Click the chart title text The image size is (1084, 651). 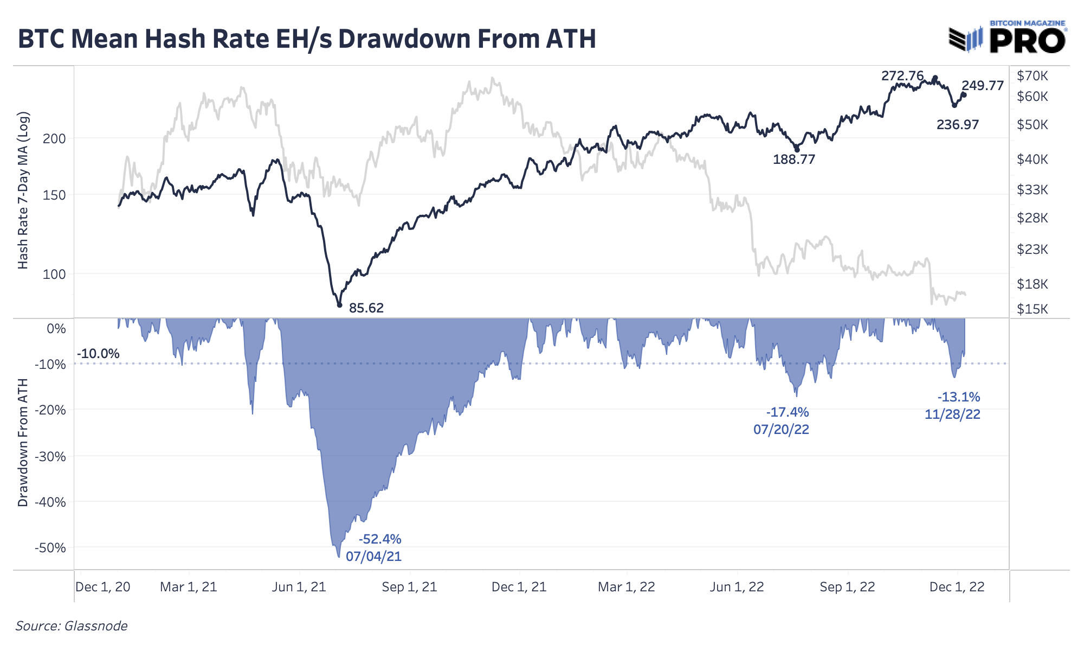307,39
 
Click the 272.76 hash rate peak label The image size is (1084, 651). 902,76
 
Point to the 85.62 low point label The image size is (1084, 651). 366,308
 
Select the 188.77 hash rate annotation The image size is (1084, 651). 793,159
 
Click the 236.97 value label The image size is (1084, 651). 958,125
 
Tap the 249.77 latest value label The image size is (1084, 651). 983,85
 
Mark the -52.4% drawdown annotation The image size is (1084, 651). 380,539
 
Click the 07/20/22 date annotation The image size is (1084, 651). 781,430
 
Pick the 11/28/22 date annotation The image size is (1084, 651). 952,414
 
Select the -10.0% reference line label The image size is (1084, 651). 98,354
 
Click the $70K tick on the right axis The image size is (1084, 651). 1032,76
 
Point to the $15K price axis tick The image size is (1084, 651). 1032,309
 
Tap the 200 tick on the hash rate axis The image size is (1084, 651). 54,138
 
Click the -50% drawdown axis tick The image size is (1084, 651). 50,548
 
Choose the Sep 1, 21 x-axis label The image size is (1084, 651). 409,587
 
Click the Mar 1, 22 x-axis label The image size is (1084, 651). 627,587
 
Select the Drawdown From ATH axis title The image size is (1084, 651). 23,443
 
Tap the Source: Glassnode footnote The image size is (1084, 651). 71,626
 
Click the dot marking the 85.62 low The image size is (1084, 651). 340,305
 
